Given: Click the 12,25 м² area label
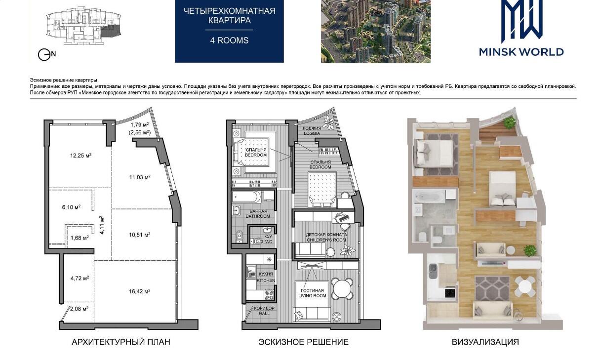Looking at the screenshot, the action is click(81, 156).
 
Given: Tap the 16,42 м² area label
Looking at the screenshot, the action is click(140, 291).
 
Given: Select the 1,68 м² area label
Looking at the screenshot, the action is click(80, 238).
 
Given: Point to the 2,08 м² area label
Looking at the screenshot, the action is click(80, 309).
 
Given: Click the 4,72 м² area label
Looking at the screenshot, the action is click(80, 278).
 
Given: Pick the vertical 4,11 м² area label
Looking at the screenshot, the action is click(101, 225).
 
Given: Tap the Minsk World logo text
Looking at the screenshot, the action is click(521, 52).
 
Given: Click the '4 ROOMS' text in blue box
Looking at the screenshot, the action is click(230, 40).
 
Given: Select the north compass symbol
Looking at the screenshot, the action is click(46, 55).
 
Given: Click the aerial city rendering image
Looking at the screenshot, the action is click(376, 32).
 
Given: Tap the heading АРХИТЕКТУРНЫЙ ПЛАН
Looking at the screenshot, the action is click(121, 342).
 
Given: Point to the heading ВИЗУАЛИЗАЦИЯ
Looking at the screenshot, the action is click(485, 342).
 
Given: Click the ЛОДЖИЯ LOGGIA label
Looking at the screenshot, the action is click(312, 131).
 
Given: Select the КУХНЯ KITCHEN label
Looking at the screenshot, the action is click(266, 277).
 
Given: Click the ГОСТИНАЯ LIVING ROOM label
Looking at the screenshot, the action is click(312, 293).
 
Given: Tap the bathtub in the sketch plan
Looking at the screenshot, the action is click(246, 197).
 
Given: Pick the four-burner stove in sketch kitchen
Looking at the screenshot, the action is click(269, 295).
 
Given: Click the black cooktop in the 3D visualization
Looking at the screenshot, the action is click(450, 292).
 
